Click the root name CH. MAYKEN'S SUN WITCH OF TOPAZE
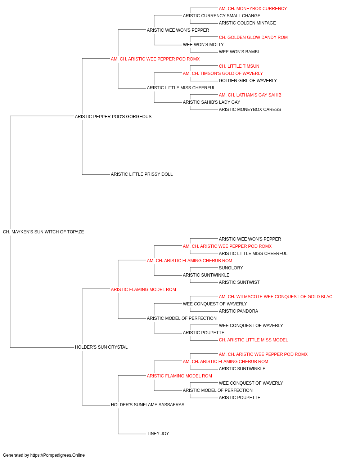(x=44, y=232)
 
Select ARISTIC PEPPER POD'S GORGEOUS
(x=113, y=117)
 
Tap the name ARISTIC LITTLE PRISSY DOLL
(x=142, y=174)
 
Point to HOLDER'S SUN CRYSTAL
(x=101, y=347)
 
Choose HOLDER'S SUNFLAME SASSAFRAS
(x=148, y=405)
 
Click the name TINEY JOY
(x=158, y=434)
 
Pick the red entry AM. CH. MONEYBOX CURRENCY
(x=253, y=9)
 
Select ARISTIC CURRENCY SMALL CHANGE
(x=221, y=16)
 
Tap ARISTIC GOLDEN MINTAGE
(x=247, y=23)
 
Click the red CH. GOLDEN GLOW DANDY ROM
(x=253, y=37)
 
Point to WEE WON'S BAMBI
(x=239, y=52)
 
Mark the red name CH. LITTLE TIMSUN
(x=239, y=66)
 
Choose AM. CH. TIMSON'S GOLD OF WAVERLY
(x=223, y=73)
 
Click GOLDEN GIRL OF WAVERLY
(x=248, y=81)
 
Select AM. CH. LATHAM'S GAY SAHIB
(x=250, y=95)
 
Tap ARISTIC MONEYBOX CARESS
(x=250, y=110)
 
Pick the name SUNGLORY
(x=231, y=268)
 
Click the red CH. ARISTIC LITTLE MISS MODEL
(x=253, y=340)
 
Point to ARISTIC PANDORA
(x=239, y=311)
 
